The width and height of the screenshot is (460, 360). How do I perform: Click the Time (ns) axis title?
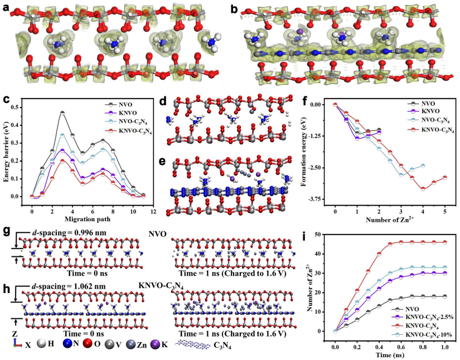389,353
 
